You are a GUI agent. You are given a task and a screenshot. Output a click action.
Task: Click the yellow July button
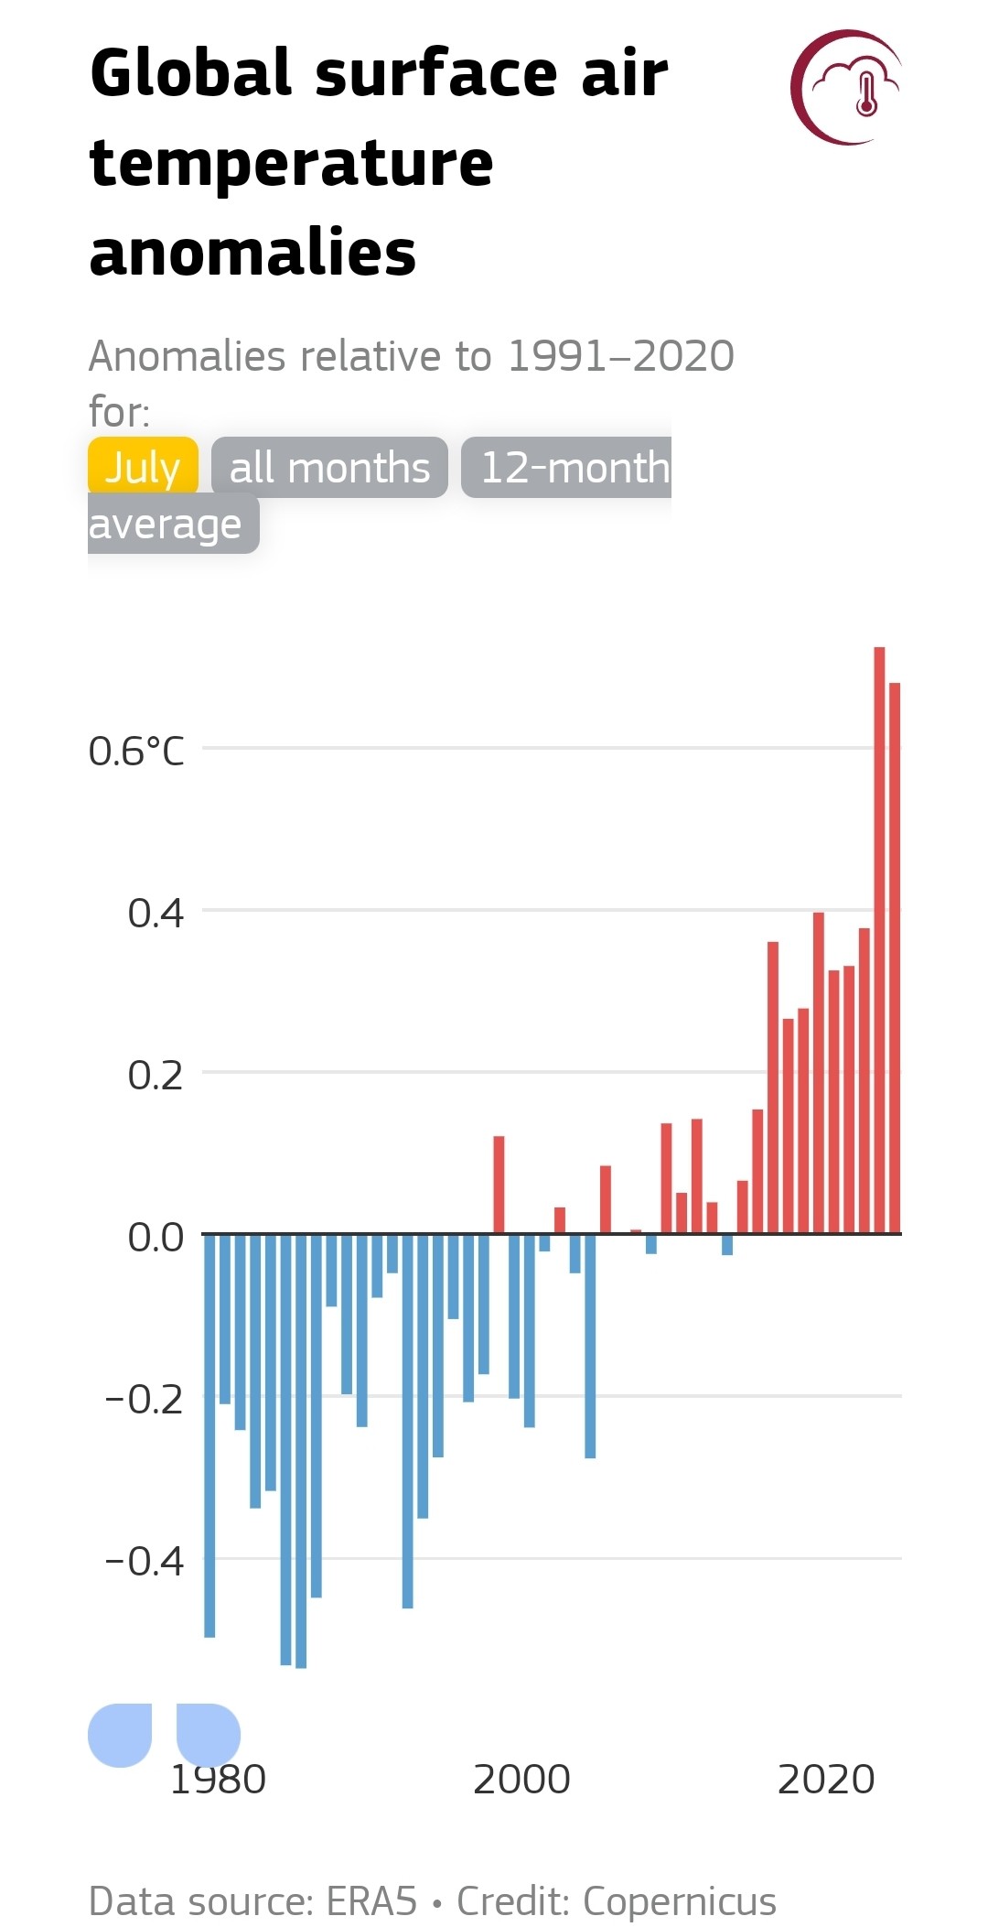(x=143, y=467)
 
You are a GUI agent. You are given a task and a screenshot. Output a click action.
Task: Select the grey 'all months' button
(x=329, y=468)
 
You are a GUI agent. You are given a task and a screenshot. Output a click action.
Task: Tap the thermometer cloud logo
(x=847, y=88)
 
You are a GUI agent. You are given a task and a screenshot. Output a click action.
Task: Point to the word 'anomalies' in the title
(x=252, y=253)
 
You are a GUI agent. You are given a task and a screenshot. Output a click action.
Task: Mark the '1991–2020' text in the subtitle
(x=621, y=356)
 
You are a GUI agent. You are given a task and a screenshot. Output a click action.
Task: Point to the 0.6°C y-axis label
(x=136, y=752)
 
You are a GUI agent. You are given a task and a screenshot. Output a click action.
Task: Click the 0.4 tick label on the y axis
(x=156, y=913)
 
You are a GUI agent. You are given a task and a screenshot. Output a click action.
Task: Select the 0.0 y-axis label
(x=156, y=1237)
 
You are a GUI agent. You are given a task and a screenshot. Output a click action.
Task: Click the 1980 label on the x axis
(x=219, y=1779)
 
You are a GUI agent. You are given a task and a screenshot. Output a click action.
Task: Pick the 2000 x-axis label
(x=521, y=1779)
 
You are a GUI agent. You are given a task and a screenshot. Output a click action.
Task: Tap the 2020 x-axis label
(x=826, y=1779)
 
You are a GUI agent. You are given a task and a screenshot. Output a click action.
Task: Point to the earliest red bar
(x=499, y=1185)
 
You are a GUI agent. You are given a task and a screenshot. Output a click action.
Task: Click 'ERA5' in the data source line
(x=371, y=1901)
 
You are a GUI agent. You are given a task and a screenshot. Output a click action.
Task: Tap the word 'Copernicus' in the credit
(x=680, y=1901)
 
